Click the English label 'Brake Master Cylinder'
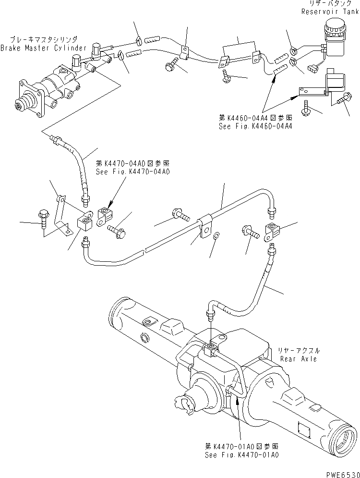(44, 48)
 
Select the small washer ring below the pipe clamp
(217, 235)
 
